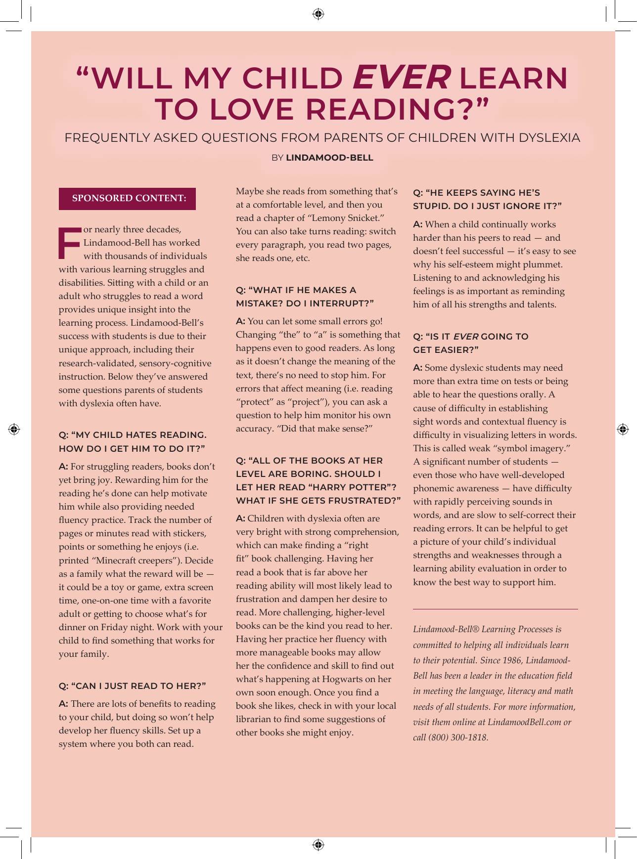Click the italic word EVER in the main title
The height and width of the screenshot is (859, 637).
(401, 78)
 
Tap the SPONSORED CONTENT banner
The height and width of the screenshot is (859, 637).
(128, 199)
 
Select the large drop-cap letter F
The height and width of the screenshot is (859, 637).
(69, 243)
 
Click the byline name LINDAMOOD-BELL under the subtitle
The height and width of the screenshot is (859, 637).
(329, 158)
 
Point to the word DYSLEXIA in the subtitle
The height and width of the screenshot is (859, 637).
(549, 138)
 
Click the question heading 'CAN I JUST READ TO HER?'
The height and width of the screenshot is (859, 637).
(132, 686)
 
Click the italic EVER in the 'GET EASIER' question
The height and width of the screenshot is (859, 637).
(465, 337)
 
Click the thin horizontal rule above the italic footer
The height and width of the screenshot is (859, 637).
(495, 609)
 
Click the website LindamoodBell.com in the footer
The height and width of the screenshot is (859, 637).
(524, 722)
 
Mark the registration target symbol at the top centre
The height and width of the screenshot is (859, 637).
(318, 14)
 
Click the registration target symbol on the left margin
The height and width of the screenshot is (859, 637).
(14, 429)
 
